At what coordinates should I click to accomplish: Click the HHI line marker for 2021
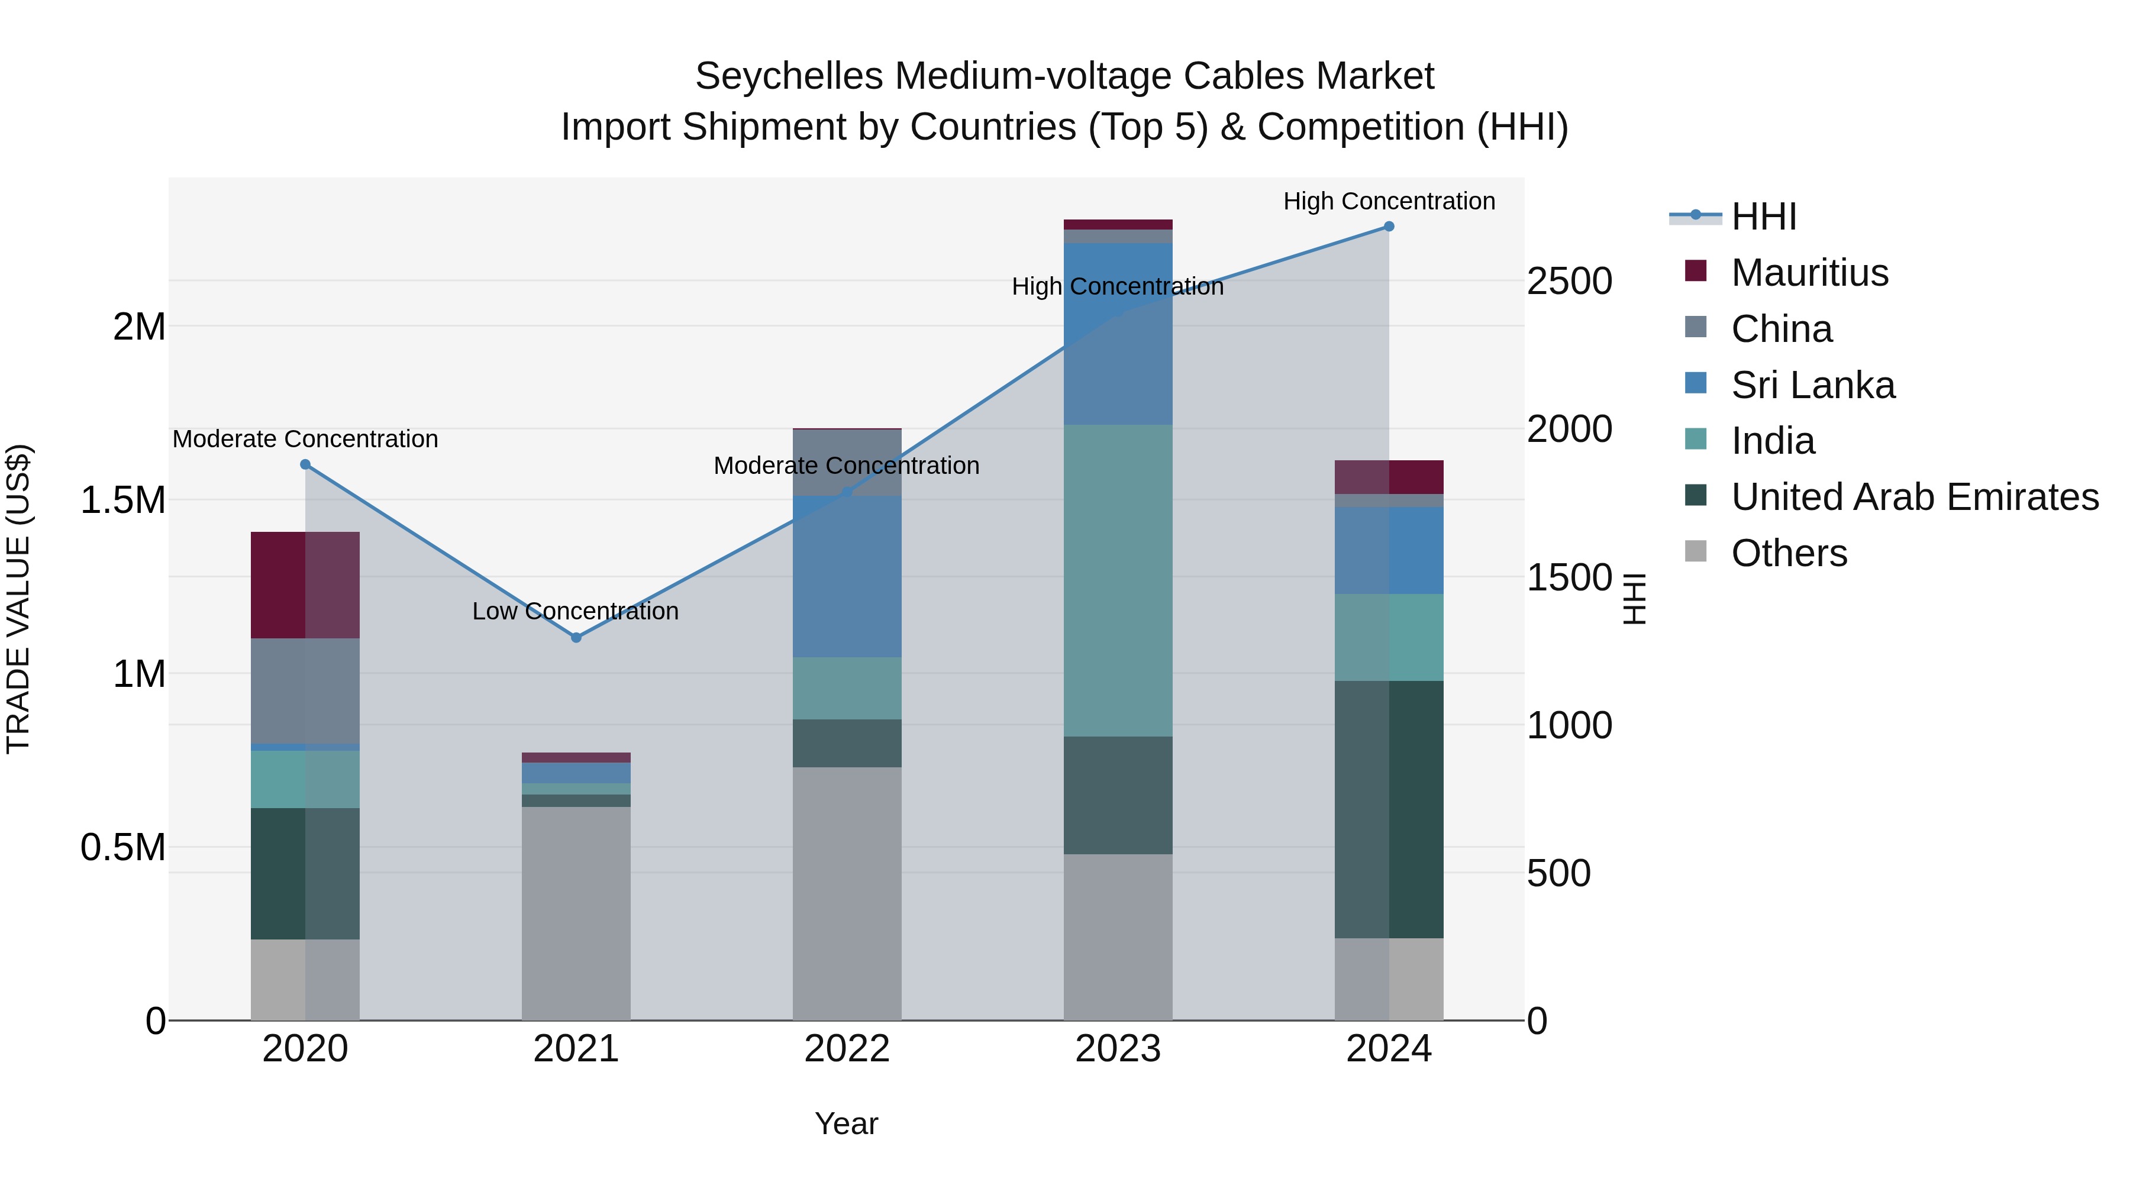pos(576,637)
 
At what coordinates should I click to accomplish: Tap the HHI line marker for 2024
pos(1389,227)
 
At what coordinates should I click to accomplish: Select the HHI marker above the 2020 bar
pos(305,464)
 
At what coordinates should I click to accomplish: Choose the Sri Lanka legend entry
pos(1812,385)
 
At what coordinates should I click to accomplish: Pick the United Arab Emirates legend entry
pos(1913,497)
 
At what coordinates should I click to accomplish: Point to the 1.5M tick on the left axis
pos(123,500)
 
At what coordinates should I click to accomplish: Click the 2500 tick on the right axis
pos(1569,281)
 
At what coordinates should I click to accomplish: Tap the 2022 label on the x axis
pos(847,1049)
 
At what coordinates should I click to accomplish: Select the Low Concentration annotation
pos(576,611)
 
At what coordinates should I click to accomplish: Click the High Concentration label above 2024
pos(1389,201)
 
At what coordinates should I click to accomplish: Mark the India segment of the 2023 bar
pos(1118,580)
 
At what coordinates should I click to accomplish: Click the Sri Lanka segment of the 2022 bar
pos(847,576)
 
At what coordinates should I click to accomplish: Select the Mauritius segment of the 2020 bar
pos(305,585)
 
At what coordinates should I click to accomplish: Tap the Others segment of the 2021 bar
pos(576,913)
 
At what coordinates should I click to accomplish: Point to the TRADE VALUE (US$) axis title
pos(18,599)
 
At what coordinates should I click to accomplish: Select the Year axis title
pos(847,1123)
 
